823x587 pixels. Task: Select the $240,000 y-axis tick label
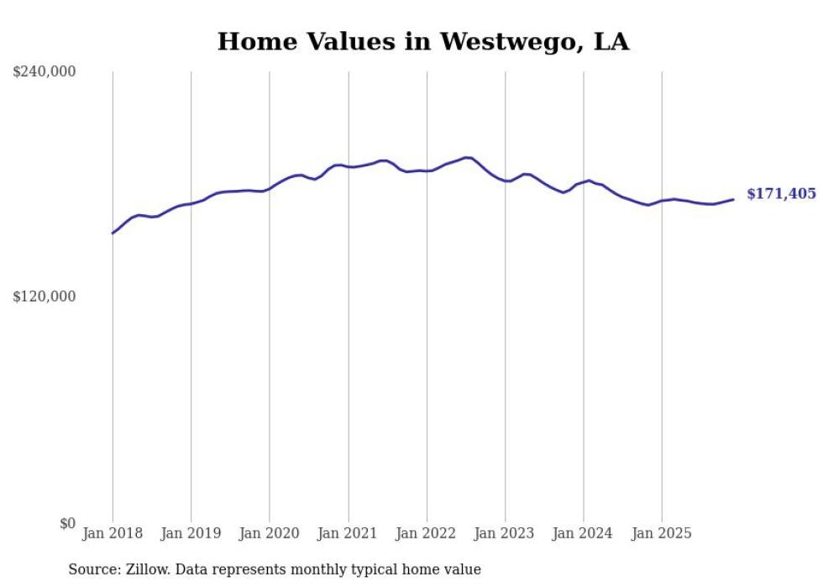click(x=45, y=72)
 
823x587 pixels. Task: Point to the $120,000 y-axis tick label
click(x=45, y=296)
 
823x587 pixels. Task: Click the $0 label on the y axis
click(x=67, y=523)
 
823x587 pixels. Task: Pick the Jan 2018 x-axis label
click(x=113, y=533)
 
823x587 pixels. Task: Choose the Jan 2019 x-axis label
click(x=191, y=533)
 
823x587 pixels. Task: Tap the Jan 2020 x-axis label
click(x=270, y=533)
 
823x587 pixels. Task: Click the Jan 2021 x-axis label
click(x=349, y=533)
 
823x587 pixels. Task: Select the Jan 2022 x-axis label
click(x=427, y=533)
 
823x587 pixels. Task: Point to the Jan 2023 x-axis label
click(x=505, y=533)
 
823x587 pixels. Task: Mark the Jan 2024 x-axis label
click(x=584, y=533)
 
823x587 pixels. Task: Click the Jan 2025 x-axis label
click(x=662, y=533)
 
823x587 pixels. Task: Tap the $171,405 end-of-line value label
click(x=781, y=194)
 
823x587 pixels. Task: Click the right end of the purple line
click(x=733, y=199)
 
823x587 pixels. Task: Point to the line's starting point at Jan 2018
click(x=113, y=233)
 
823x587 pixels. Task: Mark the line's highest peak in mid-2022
click(x=468, y=157)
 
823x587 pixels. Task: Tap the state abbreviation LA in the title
click(x=611, y=42)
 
